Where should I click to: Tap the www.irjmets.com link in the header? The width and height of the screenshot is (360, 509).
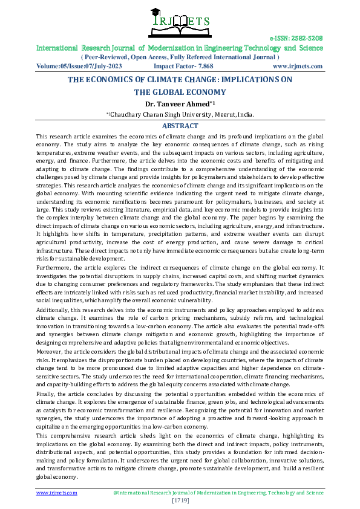(297, 66)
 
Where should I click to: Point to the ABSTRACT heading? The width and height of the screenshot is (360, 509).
(180, 126)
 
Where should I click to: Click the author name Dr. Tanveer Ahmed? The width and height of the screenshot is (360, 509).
(178, 103)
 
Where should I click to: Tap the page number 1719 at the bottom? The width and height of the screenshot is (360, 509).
(180, 501)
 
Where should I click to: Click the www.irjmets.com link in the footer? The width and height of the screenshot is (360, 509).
(57, 493)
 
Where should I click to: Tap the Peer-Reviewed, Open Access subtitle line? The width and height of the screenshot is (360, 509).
(180, 57)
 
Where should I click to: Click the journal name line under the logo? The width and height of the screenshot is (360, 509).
(180, 48)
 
